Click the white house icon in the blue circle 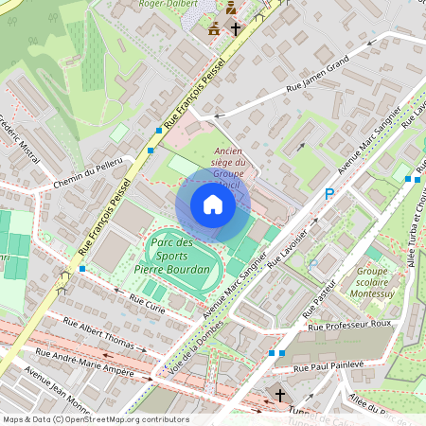coord(213,204)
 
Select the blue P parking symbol coord(329,194)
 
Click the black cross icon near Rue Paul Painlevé coord(279,393)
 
